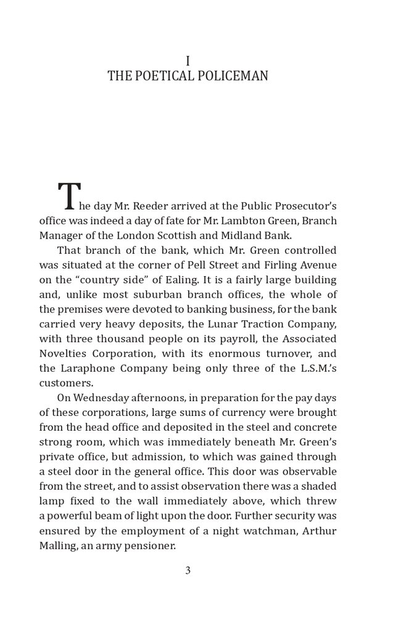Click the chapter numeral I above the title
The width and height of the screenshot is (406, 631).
point(188,60)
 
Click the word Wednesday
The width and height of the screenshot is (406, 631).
point(102,398)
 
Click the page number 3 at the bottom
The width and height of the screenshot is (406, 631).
point(188,571)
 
